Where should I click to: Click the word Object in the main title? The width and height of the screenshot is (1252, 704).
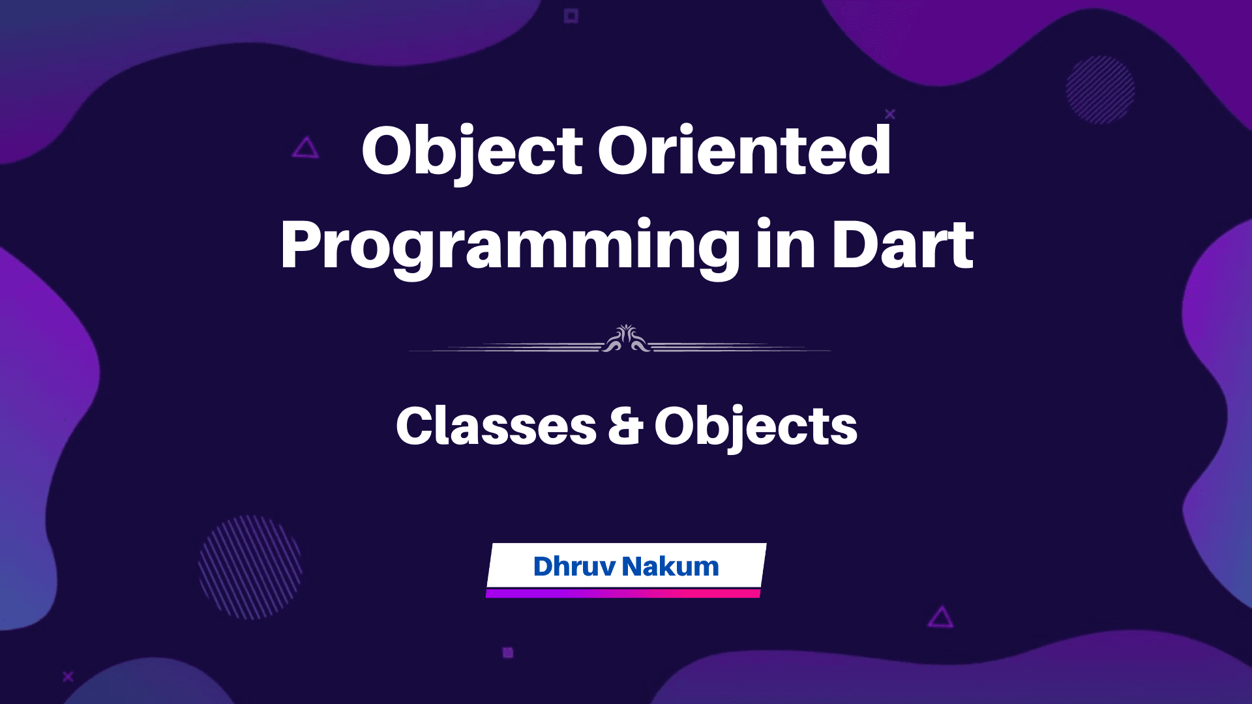(x=471, y=151)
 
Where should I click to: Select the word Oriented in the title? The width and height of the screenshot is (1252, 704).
(x=744, y=151)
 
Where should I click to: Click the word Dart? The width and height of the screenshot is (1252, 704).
(x=902, y=246)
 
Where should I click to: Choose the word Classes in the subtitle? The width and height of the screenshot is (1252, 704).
(x=496, y=426)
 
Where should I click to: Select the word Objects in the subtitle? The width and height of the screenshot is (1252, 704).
(x=756, y=428)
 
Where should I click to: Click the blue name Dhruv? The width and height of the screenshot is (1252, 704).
(x=574, y=566)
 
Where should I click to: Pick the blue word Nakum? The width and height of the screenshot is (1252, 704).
(x=670, y=566)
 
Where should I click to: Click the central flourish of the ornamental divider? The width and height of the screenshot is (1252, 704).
(x=626, y=339)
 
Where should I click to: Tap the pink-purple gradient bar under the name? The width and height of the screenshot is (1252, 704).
(x=623, y=593)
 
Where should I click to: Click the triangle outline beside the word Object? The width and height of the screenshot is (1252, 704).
(x=305, y=149)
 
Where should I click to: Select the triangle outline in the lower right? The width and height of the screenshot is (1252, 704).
(x=940, y=617)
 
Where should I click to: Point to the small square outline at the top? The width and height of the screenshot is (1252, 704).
(x=571, y=16)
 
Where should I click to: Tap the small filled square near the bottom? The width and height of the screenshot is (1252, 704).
(x=508, y=652)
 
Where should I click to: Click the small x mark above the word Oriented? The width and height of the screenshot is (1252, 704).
(x=890, y=114)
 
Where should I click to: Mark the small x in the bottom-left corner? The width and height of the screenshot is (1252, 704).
(x=68, y=677)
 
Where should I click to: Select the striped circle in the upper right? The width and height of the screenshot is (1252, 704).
(x=1100, y=89)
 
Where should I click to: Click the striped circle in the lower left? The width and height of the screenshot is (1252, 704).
(x=250, y=567)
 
